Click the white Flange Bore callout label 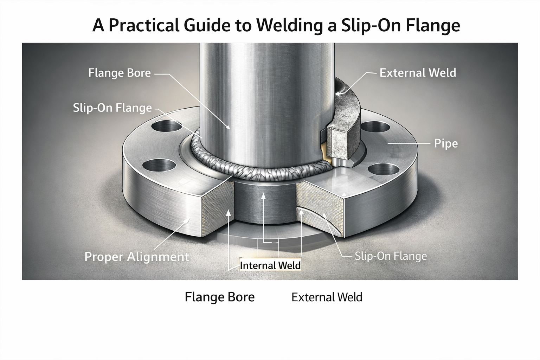(x=119, y=73)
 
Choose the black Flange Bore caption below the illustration (x=219, y=297)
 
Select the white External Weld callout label (x=418, y=73)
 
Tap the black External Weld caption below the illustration (x=327, y=297)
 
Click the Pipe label (x=446, y=144)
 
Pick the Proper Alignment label (x=137, y=257)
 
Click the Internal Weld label (x=270, y=265)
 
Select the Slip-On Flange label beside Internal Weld (x=391, y=256)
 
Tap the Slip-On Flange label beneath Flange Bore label (x=112, y=108)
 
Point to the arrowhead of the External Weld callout (x=337, y=94)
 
